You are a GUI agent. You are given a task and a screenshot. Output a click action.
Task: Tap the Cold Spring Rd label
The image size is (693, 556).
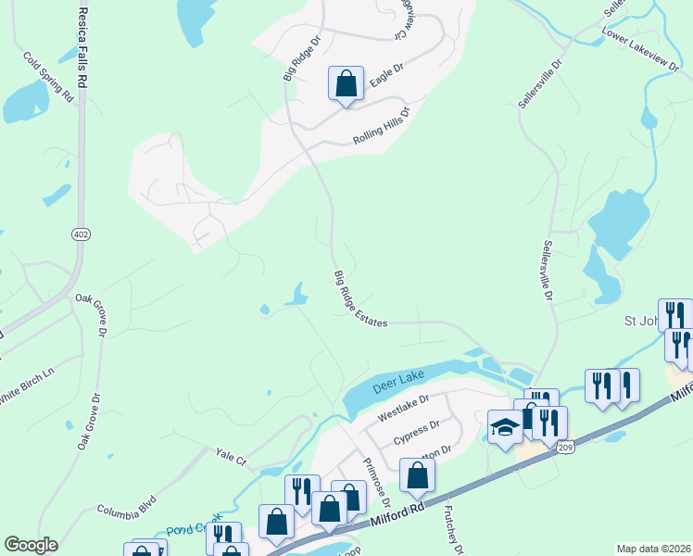coord(49,76)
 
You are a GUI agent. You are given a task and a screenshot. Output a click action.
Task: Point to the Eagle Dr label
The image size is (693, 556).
coord(386,75)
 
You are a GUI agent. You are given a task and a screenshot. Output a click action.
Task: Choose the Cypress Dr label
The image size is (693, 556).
coord(415,432)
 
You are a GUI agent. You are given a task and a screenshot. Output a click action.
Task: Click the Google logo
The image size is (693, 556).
coord(31,545)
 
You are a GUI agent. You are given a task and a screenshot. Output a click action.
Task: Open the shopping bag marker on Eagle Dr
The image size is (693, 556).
coord(346,84)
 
